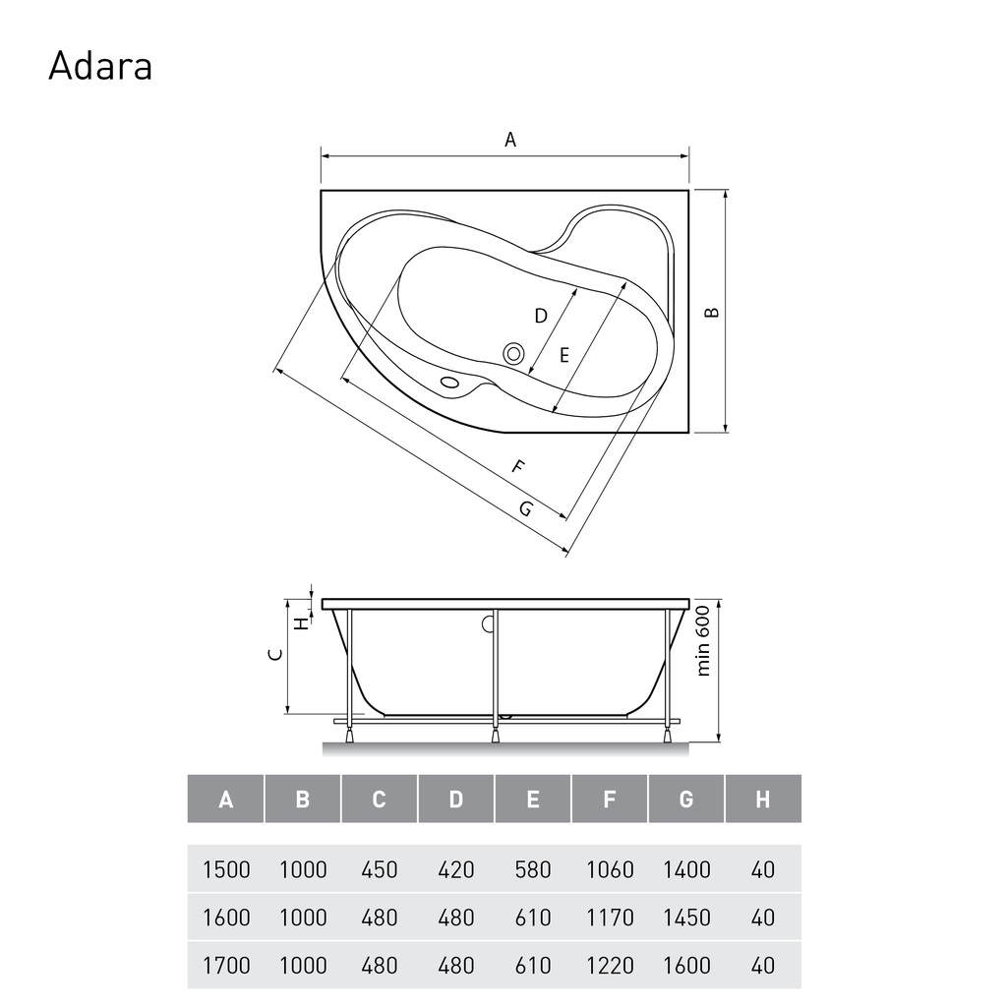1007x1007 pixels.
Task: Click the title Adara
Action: click(x=100, y=66)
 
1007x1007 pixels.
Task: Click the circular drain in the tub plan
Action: click(x=513, y=353)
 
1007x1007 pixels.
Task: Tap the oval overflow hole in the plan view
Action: click(x=449, y=383)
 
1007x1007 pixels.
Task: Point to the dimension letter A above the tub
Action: click(x=510, y=140)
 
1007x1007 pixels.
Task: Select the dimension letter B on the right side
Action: click(x=712, y=312)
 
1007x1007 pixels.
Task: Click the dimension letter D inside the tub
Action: click(x=541, y=316)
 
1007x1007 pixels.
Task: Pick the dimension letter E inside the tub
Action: click(x=563, y=355)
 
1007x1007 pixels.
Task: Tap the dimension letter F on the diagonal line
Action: click(x=518, y=467)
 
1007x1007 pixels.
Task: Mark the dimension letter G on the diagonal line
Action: click(x=526, y=509)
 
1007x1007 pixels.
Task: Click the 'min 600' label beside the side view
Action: click(x=703, y=641)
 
